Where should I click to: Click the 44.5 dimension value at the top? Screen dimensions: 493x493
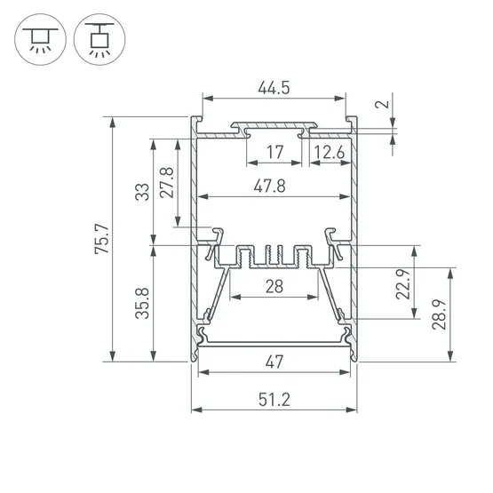point(274,88)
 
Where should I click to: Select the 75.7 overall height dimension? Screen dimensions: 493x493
point(102,239)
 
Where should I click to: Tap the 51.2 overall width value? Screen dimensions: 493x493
point(274,400)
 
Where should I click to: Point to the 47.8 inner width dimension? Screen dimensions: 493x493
point(270,187)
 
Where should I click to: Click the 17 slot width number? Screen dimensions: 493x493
point(275,152)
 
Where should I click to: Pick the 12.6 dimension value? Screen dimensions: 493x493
point(330,153)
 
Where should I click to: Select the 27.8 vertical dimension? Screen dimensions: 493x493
point(167,183)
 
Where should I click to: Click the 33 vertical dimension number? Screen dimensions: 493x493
point(142,192)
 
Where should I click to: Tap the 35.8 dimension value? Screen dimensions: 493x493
point(142,304)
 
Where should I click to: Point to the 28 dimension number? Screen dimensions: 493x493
point(274,287)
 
